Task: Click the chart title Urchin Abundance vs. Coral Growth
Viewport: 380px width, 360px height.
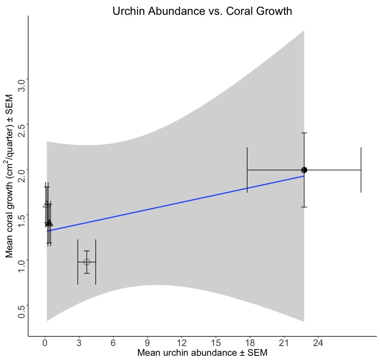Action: click(202, 11)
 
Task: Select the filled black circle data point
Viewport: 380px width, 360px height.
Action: click(304, 170)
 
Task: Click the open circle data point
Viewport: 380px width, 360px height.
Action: click(87, 262)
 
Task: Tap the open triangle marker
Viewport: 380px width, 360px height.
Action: click(46, 204)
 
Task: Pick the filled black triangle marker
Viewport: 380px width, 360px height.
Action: click(50, 223)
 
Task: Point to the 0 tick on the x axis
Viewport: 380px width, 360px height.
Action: click(45, 343)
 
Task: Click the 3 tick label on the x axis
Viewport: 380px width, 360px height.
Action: click(79, 343)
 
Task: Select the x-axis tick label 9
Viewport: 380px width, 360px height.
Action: click(147, 343)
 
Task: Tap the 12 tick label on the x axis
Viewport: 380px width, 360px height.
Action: click(182, 343)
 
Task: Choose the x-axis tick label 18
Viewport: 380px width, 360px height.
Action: click(250, 343)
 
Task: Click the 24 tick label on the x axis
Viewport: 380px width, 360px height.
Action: click(318, 343)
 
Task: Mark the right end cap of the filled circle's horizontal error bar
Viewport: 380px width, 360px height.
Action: click(361, 170)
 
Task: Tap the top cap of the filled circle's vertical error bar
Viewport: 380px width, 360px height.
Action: click(304, 133)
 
